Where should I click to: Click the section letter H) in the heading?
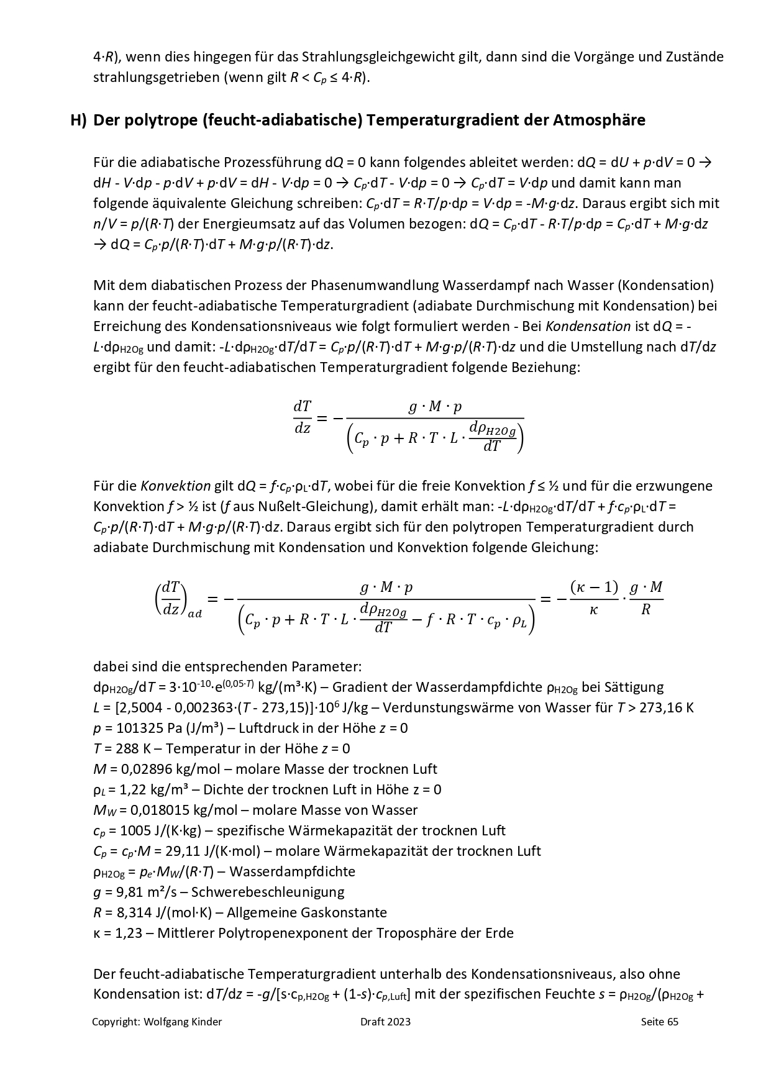tap(78, 120)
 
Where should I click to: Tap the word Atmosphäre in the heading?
tap(599, 120)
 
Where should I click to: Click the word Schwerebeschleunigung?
tap(268, 892)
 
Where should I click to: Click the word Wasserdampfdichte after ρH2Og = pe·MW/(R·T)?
tap(292, 871)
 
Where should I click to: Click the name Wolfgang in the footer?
tap(166, 1022)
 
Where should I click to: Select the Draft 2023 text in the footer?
tap(385, 1022)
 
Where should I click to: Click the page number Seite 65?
tap(659, 1022)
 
